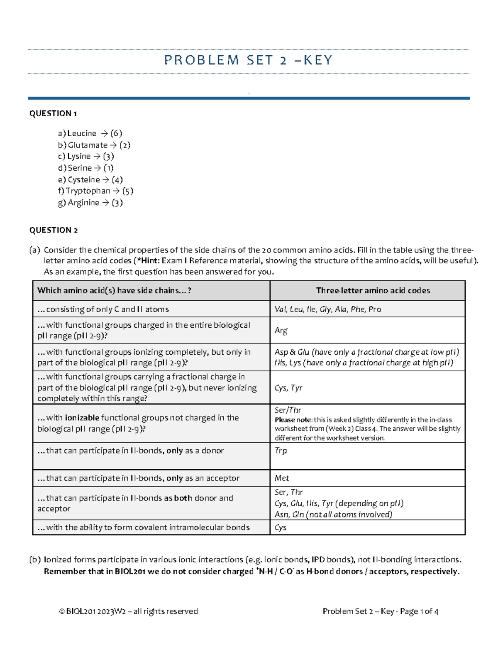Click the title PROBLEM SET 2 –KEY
pyautogui.click(x=248, y=61)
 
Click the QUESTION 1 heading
pyautogui.click(x=53, y=113)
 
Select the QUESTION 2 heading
pyautogui.click(x=53, y=230)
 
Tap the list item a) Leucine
pyautogui.click(x=90, y=133)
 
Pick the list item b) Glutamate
pyautogui.click(x=94, y=145)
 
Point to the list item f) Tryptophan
pyautogui.click(x=95, y=191)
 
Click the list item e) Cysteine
pyautogui.click(x=90, y=180)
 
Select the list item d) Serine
pyautogui.click(x=85, y=168)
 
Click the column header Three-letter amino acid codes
pyautogui.click(x=373, y=291)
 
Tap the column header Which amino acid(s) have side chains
pyautogui.click(x=114, y=291)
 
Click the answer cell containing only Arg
pyautogui.click(x=281, y=331)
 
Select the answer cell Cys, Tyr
pyautogui.click(x=288, y=388)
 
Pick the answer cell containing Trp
pyautogui.click(x=281, y=451)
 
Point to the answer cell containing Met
pyautogui.click(x=282, y=478)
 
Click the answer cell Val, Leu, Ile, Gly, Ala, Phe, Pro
pyautogui.click(x=328, y=309)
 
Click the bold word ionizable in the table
pyautogui.click(x=82, y=418)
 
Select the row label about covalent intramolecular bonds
pyautogui.click(x=144, y=527)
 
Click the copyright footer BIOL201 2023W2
pyautogui.click(x=128, y=611)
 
